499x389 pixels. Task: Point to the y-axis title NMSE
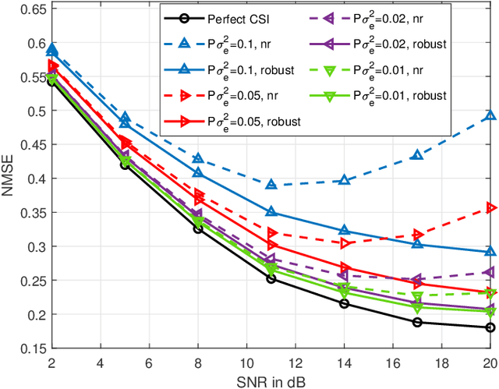point(9,179)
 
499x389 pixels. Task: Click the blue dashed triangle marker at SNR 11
point(271,185)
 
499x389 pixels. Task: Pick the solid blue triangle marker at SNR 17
point(417,244)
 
